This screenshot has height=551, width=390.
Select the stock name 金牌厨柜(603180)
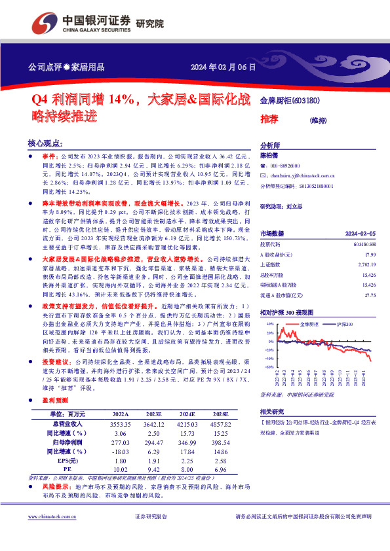[290, 101]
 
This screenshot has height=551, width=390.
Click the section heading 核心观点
[45, 143]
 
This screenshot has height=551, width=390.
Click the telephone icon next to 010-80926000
[263, 166]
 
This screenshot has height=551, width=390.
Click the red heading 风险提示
[57, 488]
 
